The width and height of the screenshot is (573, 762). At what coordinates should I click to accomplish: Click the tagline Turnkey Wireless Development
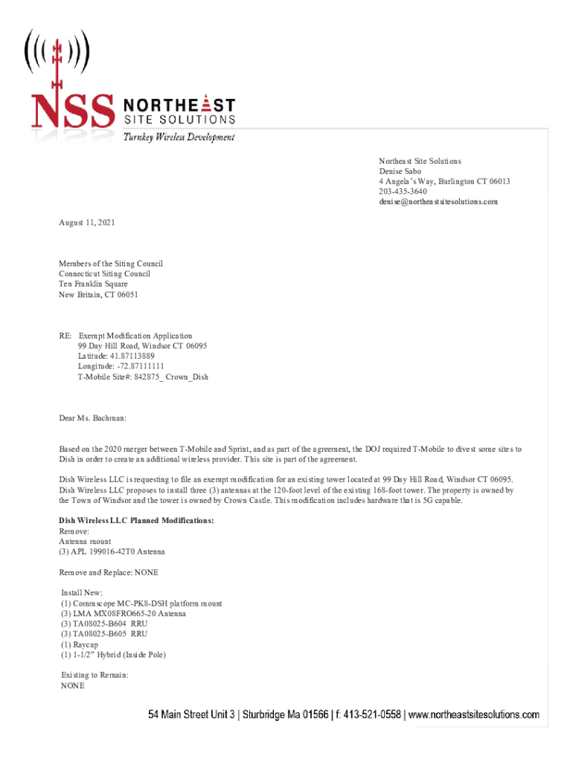pos(179,138)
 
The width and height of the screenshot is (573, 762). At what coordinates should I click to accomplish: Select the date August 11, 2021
pos(87,222)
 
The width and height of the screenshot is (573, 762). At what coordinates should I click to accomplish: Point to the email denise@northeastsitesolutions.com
pos(438,202)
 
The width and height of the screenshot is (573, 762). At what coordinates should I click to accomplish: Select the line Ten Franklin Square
pos(93,284)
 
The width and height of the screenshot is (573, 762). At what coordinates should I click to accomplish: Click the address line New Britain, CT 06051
pos(98,295)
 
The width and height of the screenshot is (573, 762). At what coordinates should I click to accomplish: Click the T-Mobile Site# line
pos(143,377)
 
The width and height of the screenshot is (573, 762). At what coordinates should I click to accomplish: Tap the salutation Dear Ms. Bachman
pos(93,419)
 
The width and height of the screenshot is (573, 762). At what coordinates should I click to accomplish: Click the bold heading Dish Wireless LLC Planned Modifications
pos(136,521)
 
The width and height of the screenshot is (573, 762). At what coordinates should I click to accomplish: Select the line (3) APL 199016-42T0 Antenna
pos(112,552)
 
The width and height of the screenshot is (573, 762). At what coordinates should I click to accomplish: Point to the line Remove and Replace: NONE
pos(109,573)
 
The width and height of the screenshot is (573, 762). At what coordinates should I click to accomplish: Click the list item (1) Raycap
pos(82,644)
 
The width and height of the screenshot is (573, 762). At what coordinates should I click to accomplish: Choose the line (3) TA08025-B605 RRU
pos(104,634)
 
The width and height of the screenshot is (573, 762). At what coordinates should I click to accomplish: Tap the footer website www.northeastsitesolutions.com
pos(473,715)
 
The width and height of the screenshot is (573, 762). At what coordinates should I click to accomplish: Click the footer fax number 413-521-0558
pos(369,715)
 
